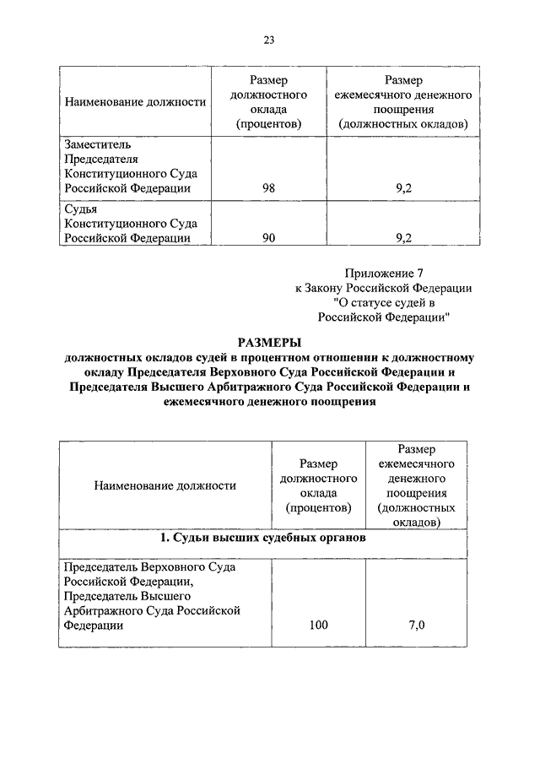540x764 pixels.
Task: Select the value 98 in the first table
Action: tap(268, 189)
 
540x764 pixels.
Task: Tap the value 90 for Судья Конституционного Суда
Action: tap(268, 238)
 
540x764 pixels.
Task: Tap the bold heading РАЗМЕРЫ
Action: tap(269, 342)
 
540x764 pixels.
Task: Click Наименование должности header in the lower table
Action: tap(165, 485)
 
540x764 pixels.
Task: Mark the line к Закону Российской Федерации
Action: tap(383, 288)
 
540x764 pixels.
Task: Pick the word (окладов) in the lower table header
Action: tap(417, 523)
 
